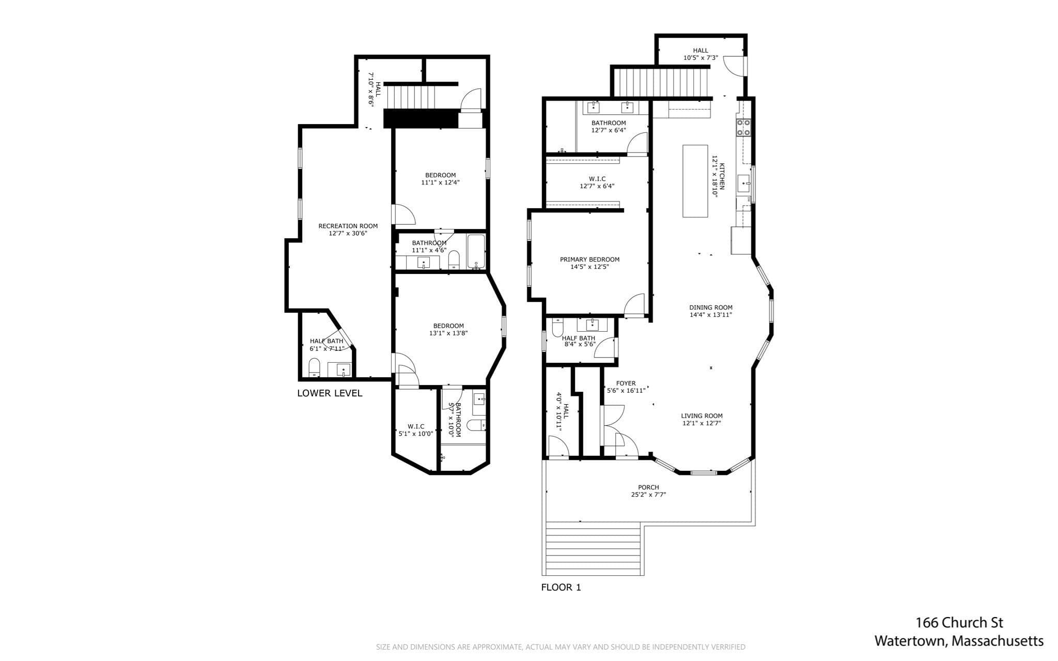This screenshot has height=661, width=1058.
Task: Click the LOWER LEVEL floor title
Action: pos(330,393)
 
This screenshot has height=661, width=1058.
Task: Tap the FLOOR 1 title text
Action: pos(561,587)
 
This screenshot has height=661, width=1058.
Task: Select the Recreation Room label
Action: pos(348,226)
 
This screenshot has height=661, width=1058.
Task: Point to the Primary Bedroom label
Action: pos(589,259)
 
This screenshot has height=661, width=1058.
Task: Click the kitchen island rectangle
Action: pos(695,181)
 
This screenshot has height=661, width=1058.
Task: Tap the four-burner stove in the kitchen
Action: pos(743,127)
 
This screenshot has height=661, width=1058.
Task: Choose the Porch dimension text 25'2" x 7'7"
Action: pos(648,495)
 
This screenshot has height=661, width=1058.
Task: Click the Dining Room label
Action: pos(711,308)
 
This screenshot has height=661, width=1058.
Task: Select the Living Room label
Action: pos(702,416)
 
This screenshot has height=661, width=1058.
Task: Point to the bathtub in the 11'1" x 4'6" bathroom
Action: pos(476,252)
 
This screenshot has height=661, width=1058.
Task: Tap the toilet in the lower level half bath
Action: pos(315,367)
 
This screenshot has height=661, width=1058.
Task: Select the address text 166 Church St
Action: pos(959,623)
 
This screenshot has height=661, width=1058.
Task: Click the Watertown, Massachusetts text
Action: pos(959,641)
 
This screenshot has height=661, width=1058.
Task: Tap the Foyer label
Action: pos(626,383)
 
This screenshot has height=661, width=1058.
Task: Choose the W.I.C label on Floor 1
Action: pos(597,179)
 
